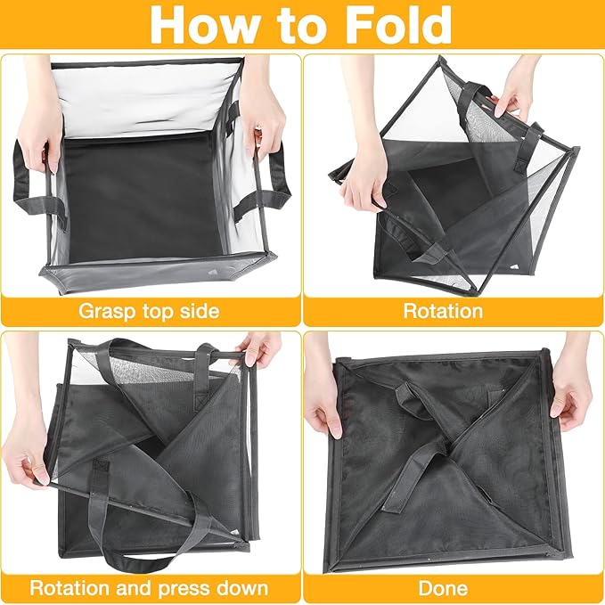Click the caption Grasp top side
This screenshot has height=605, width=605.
pos(149,312)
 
